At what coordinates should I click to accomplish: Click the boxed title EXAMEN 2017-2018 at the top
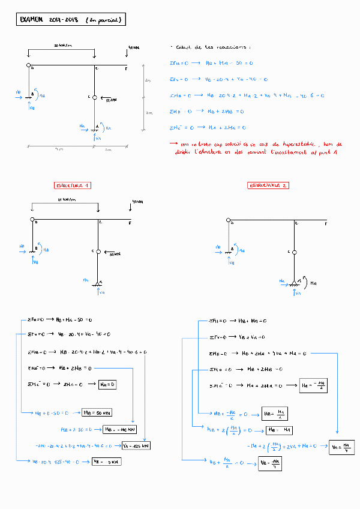[x=71, y=20]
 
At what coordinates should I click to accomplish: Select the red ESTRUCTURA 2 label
[x=268, y=185]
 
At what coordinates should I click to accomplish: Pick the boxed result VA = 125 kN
[x=136, y=446]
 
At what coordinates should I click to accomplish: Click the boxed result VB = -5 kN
[x=108, y=462]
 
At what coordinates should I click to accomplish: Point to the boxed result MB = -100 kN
[x=118, y=429]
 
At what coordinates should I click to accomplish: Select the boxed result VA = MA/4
[x=341, y=447]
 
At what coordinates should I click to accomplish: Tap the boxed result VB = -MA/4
[x=269, y=464]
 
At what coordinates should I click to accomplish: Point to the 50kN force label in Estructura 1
[x=115, y=254]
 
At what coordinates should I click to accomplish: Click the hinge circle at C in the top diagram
[x=94, y=97]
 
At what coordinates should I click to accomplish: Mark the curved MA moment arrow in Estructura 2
[x=304, y=280]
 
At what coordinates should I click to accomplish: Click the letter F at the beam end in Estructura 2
[x=326, y=223]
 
